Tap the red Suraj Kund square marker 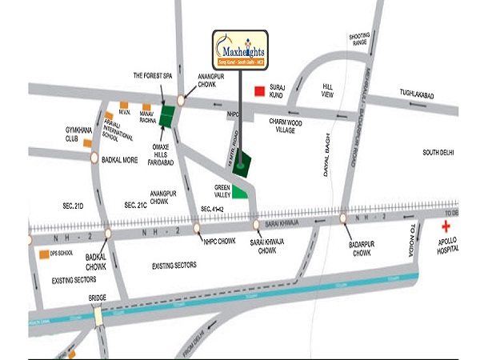click(259, 91)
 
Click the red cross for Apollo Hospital click(446, 227)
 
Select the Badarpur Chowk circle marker click(343, 218)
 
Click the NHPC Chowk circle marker click(198, 228)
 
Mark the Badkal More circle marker click(94, 157)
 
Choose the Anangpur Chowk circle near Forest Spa click(182, 101)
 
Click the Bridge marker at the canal click(98, 315)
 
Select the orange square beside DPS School click(42, 254)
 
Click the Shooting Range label click(358, 40)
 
